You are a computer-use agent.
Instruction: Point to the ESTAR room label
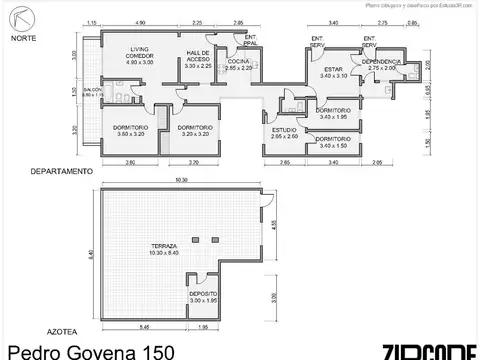coord(332,70)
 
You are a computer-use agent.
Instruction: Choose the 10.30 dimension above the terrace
coord(181,180)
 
